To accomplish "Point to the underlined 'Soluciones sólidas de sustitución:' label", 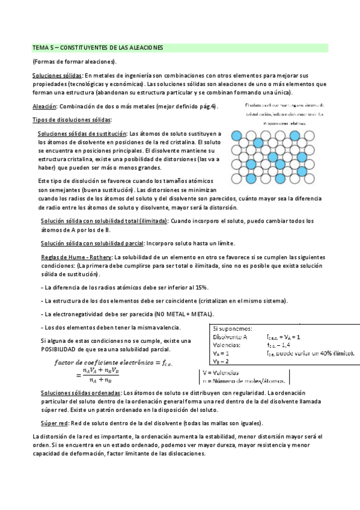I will [82, 134].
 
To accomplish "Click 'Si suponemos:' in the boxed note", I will [233, 328].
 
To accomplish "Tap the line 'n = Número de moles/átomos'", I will [245, 381].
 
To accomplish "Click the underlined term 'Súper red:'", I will [53, 423].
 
